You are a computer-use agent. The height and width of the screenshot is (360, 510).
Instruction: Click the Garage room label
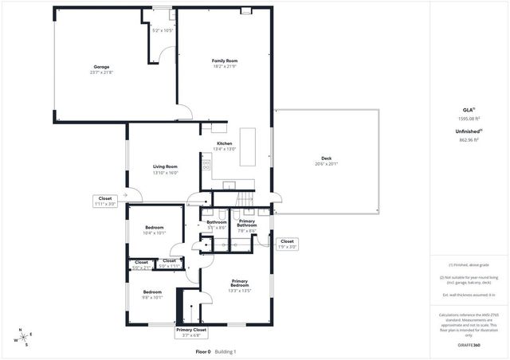coord(101,67)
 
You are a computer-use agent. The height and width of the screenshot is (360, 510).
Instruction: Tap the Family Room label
coord(225,61)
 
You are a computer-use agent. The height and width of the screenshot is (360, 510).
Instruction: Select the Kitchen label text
coord(225,143)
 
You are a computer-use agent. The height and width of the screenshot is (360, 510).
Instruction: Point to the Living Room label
coord(165,166)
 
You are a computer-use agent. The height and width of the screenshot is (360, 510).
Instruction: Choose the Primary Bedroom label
coord(240,283)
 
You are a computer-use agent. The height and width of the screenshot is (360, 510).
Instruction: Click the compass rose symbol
coord(25,338)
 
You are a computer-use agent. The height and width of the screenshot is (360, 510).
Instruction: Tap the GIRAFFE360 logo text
coord(470,346)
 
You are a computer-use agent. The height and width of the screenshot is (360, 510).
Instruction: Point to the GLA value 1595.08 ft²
coord(470,118)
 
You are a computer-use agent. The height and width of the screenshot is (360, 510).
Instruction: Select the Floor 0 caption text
coord(202,351)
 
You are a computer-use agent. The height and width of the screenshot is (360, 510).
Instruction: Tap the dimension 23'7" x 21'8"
coord(101,72)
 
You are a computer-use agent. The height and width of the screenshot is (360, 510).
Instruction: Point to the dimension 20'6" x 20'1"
coord(326,164)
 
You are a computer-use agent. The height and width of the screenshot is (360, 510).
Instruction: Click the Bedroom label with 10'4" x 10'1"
coord(154,229)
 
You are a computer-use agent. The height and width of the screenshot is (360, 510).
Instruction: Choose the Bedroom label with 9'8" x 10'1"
coord(152,295)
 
